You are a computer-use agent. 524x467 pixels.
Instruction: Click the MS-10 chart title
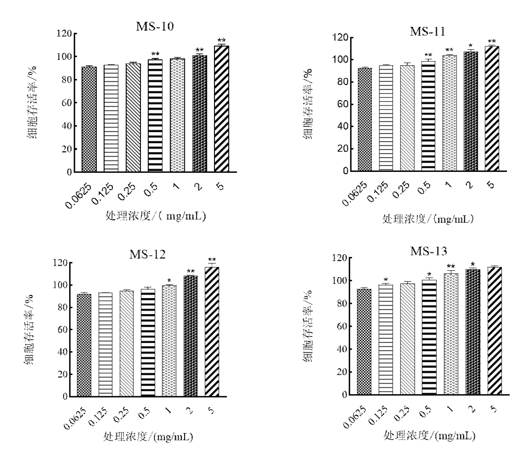click(x=155, y=26)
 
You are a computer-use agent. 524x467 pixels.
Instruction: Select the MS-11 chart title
click(x=427, y=31)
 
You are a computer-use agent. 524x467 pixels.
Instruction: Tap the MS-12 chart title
click(x=148, y=255)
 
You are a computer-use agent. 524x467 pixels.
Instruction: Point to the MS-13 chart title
click(x=429, y=251)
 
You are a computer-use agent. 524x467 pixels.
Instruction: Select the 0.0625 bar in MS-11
click(x=365, y=119)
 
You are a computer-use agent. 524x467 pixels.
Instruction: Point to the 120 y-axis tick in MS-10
click(x=64, y=34)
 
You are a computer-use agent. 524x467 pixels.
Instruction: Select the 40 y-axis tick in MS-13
click(x=342, y=349)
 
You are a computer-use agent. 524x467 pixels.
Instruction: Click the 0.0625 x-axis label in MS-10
click(x=78, y=196)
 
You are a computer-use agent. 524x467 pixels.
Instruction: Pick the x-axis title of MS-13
click(x=429, y=435)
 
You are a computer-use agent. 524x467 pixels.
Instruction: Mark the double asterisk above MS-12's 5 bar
click(x=212, y=260)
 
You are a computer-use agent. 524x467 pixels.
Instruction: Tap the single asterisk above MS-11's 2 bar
click(x=471, y=45)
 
